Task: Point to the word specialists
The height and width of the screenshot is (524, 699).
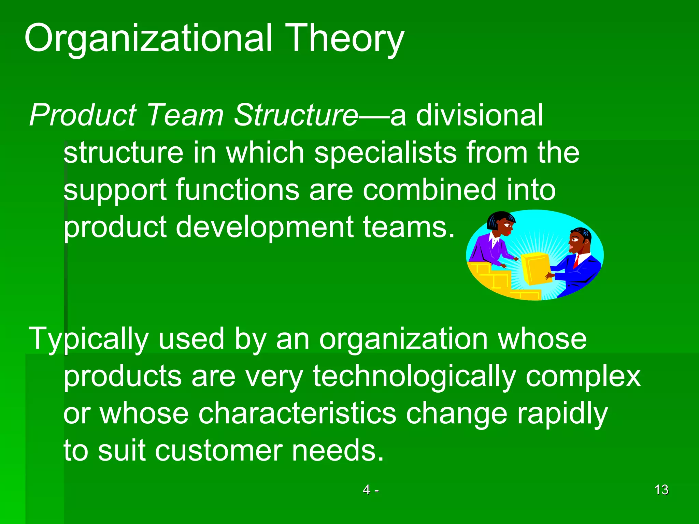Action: tap(385, 152)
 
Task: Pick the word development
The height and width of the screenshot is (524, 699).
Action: tap(265, 227)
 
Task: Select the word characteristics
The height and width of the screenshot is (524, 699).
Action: tap(297, 413)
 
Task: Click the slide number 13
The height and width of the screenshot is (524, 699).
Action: tap(661, 490)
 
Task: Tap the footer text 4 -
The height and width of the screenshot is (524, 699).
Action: tap(370, 490)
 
